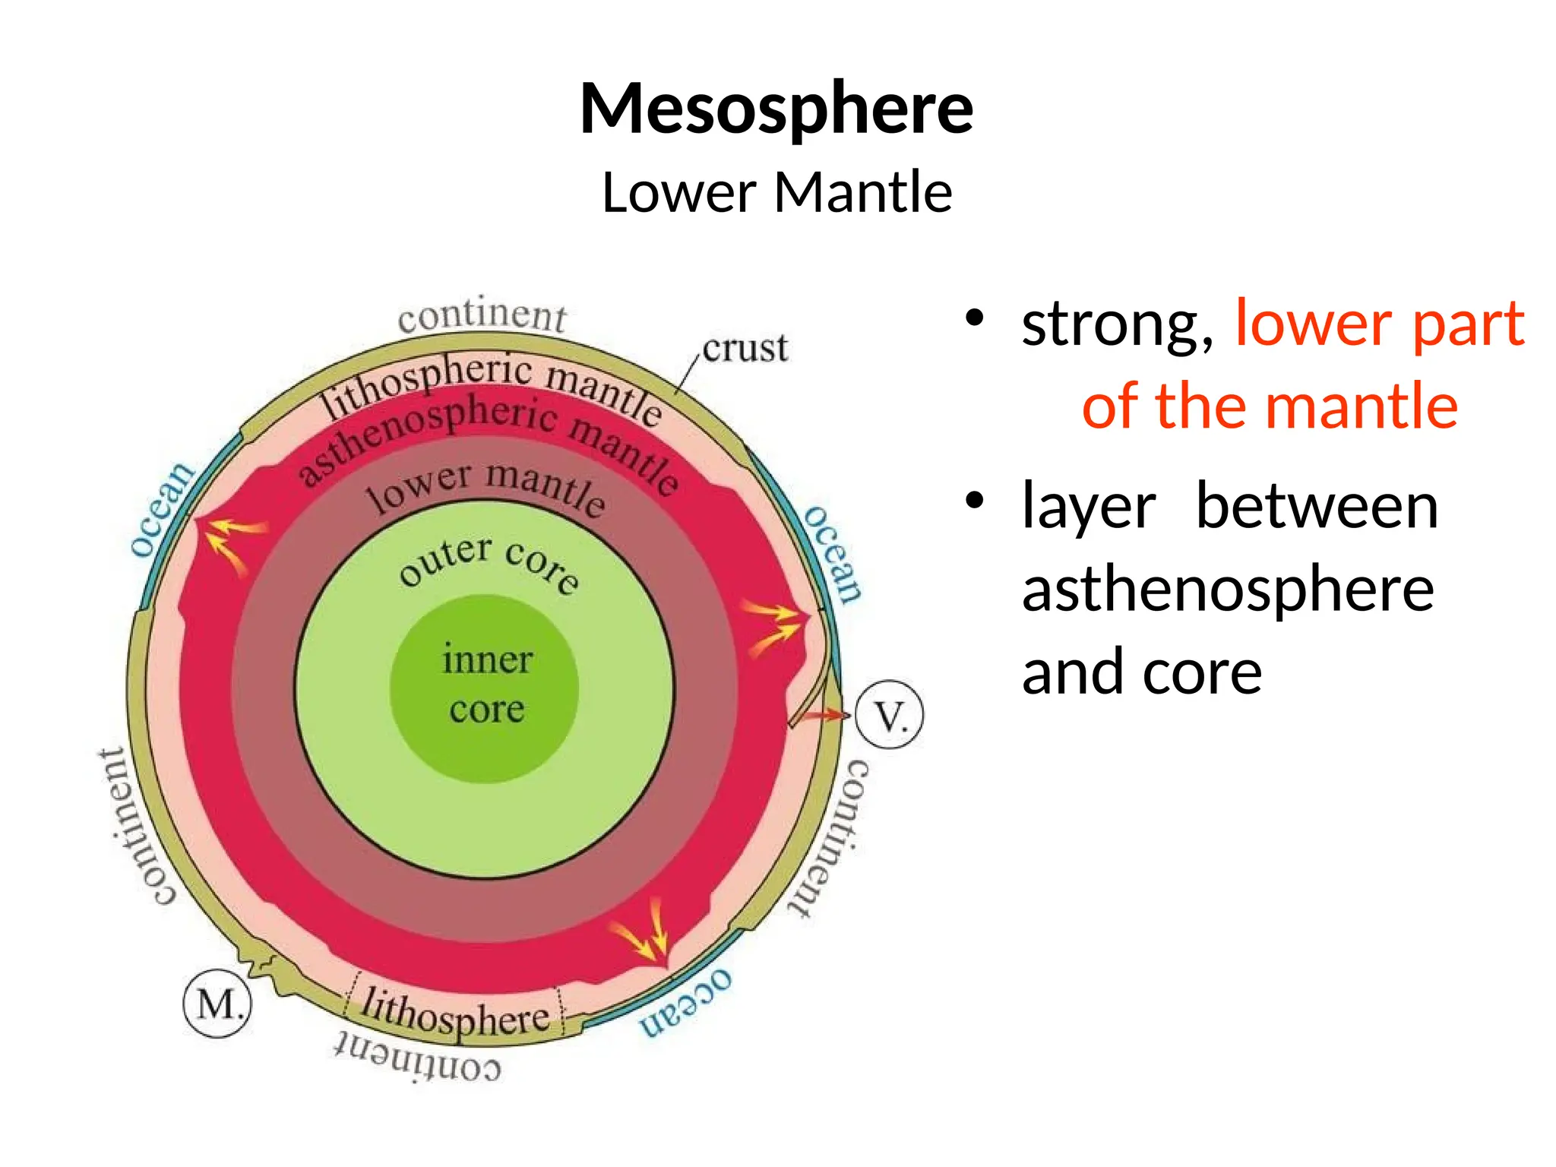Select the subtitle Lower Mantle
pos(776,192)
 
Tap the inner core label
pos(487,684)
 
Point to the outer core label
pos(489,563)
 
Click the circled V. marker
pos(890,715)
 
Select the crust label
pos(745,349)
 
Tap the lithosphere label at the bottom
pos(454,1013)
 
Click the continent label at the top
pos(482,315)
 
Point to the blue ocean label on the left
pos(161,508)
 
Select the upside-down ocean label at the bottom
pos(686,1002)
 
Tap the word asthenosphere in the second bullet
pos(1228,590)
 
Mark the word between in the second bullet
pos(1317,507)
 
